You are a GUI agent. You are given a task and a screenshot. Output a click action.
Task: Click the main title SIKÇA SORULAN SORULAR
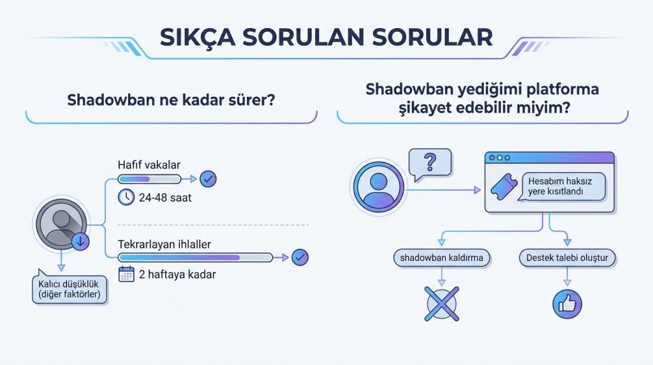(x=326, y=36)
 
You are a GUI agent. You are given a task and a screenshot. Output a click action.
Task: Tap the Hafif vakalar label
(x=149, y=165)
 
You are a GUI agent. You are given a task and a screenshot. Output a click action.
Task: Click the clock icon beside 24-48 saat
(x=126, y=197)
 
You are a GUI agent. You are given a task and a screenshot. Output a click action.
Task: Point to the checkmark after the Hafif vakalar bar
(x=208, y=179)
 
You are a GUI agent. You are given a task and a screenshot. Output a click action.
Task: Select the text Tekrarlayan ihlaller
(x=165, y=244)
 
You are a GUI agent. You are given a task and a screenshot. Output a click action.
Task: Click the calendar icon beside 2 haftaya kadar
(x=126, y=274)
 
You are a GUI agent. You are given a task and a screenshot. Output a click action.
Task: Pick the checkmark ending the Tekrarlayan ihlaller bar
(x=300, y=258)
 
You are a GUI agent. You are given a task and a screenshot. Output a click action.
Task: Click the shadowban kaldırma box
(x=441, y=258)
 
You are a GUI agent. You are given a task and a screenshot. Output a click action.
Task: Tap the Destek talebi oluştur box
(x=567, y=258)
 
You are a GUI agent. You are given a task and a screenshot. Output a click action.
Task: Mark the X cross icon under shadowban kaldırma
(x=441, y=302)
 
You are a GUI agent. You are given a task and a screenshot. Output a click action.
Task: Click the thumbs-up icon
(x=567, y=302)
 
